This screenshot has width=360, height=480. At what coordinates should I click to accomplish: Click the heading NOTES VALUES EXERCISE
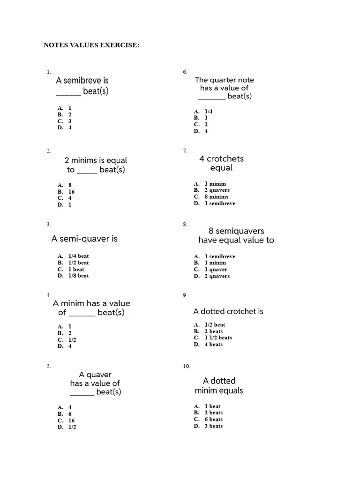point(91,45)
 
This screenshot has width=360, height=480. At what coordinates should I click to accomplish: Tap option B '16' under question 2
point(71,192)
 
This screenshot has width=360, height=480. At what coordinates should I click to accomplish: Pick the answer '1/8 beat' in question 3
point(78,276)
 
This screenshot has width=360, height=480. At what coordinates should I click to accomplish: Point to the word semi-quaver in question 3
point(84,239)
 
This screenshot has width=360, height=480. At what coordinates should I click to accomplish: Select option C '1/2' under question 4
point(72,339)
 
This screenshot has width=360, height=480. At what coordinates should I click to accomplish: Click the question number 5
point(49,366)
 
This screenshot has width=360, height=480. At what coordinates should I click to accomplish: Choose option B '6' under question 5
point(70,414)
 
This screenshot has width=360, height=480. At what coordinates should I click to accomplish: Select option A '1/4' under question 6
point(209,112)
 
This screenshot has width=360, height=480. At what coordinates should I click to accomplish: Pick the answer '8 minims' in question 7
point(216,197)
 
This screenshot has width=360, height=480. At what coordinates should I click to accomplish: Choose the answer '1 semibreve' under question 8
point(220,256)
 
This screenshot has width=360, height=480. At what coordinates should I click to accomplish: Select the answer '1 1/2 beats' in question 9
point(218,337)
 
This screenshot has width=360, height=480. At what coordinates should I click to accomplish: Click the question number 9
point(185,295)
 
